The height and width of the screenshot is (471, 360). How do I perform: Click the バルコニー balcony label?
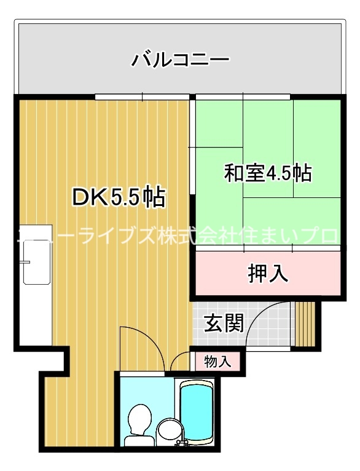(x=180, y=60)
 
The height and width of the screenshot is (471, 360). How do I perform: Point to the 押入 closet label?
(x=268, y=274)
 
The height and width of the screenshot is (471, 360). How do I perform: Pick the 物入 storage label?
(x=217, y=361)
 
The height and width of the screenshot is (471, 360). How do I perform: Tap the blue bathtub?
(x=196, y=409)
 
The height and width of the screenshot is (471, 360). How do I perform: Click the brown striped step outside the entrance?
(x=305, y=324)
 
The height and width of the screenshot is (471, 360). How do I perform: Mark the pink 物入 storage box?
(x=217, y=361)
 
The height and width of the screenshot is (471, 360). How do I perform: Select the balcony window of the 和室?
(x=243, y=97)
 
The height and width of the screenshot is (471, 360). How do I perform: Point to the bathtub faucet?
(x=182, y=442)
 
